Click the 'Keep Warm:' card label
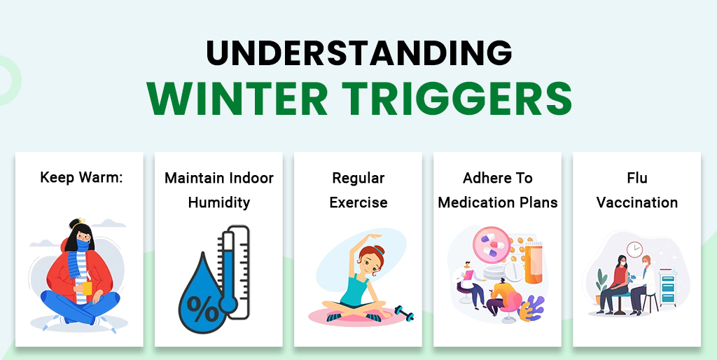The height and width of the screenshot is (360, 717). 81,177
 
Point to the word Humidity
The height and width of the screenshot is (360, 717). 218,203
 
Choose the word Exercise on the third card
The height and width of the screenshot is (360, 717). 358,203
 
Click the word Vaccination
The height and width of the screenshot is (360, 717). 637,203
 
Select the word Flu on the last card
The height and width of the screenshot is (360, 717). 637,178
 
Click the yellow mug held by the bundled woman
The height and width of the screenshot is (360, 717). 88,288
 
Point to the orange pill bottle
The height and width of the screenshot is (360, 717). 533,262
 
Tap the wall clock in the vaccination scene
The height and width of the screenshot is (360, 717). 635,249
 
